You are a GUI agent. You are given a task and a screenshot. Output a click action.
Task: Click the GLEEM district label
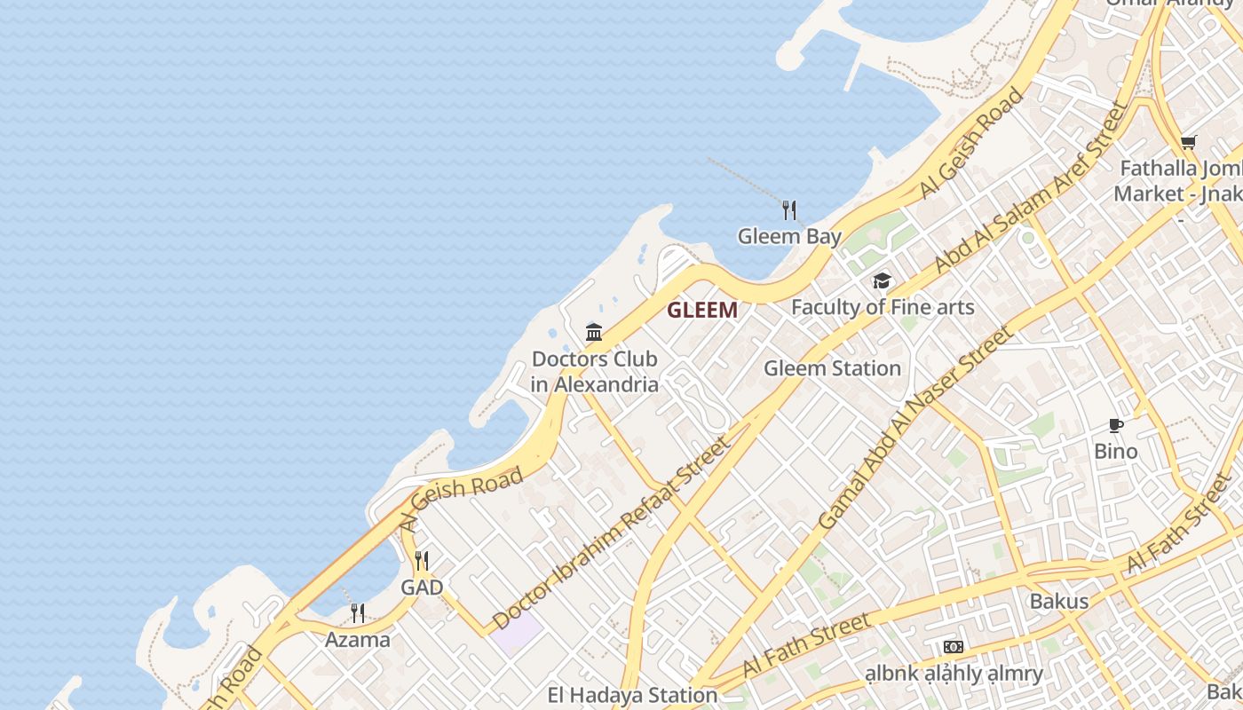[701, 310]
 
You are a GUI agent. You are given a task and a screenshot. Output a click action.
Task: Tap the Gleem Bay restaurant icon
[789, 210]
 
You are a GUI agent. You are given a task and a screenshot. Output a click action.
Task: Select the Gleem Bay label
[789, 237]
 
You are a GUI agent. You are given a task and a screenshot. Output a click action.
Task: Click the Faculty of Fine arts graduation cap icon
[882, 281]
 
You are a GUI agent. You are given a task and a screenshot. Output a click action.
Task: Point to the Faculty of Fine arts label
[883, 307]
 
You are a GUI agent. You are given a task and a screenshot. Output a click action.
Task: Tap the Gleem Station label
[832, 367]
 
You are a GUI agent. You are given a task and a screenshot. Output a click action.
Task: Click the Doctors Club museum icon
[594, 333]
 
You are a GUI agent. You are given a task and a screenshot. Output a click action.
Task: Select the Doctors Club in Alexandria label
[595, 371]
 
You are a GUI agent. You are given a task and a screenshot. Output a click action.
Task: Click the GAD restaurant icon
[422, 561]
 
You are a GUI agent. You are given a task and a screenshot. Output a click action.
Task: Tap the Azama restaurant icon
[357, 613]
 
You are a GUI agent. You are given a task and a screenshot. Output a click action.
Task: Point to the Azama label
[357, 639]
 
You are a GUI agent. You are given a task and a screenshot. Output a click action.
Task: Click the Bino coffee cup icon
[1116, 426]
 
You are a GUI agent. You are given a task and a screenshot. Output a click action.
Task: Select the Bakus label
[1058, 601]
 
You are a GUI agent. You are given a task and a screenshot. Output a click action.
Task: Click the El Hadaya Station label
[632, 695]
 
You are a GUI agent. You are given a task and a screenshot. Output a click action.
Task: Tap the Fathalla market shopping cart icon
[1188, 143]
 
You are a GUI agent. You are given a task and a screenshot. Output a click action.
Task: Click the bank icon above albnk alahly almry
[954, 647]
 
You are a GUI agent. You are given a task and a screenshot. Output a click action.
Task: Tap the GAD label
[422, 588]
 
